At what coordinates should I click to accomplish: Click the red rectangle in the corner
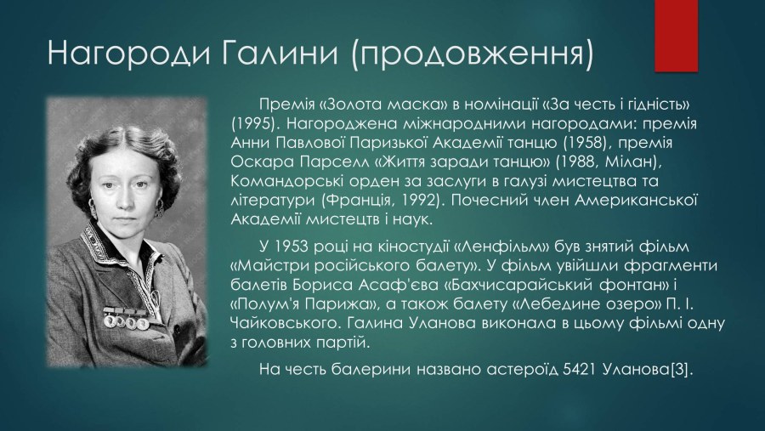677,36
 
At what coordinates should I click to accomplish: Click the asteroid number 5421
579,370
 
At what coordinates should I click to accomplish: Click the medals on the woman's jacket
127,318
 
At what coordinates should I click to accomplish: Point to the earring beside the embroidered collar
91,207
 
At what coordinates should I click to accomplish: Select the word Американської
637,200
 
